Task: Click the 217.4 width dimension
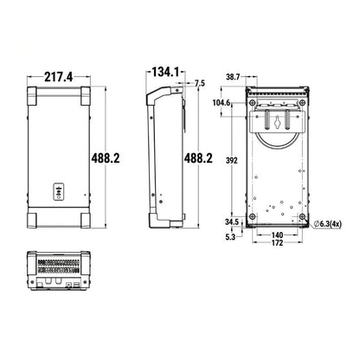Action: (x=59, y=77)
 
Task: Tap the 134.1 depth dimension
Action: (x=165, y=72)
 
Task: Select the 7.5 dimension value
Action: (x=200, y=83)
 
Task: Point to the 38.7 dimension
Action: (x=233, y=77)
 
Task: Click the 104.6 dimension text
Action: (x=222, y=102)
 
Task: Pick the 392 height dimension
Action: (x=232, y=160)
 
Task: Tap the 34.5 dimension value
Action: (x=232, y=222)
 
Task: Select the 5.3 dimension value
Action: (x=230, y=237)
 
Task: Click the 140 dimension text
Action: (x=277, y=235)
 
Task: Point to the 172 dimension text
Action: (x=277, y=243)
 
